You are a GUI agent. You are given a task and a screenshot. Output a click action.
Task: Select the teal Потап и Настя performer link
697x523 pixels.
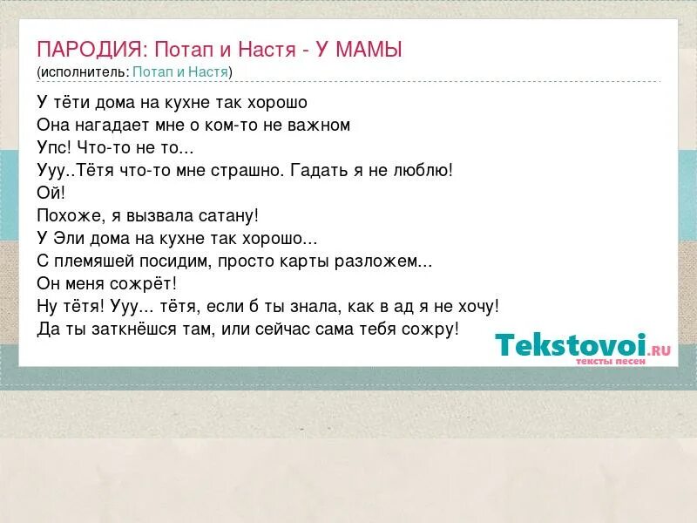[x=180, y=71]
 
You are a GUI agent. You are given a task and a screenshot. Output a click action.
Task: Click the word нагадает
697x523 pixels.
[x=113, y=125]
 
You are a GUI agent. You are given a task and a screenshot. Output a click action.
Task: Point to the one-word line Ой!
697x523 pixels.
[x=51, y=192]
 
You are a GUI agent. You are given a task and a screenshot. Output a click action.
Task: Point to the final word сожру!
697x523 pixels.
[x=433, y=329]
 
